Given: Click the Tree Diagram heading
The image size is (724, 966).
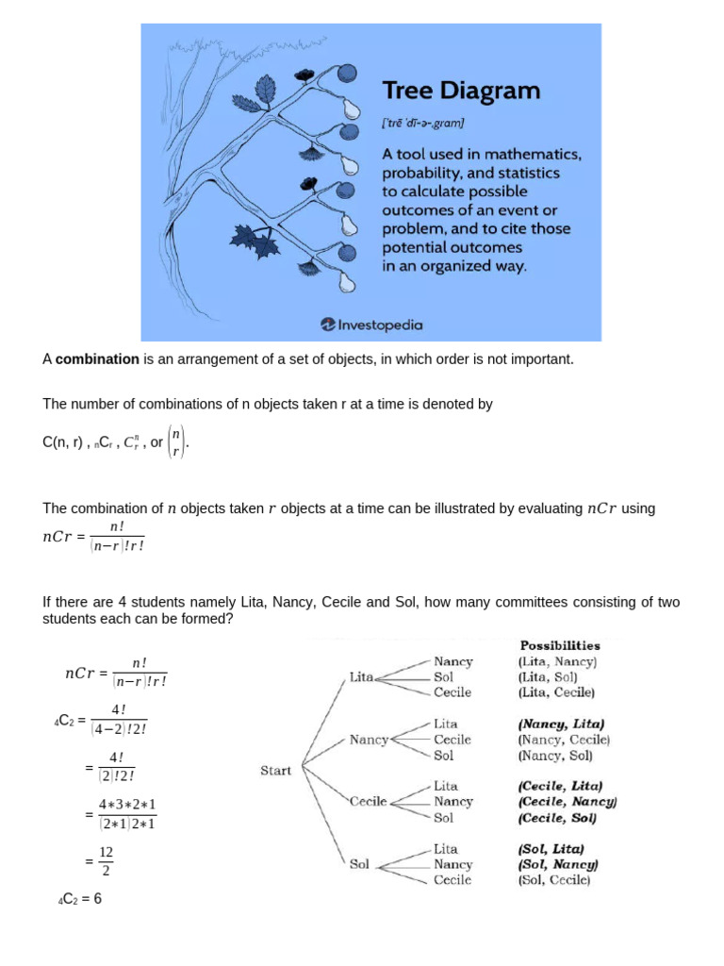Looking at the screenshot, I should coord(460,91).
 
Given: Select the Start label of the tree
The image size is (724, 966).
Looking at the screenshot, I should coord(275,771).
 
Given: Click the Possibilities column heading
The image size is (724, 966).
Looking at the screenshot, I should coord(559,645).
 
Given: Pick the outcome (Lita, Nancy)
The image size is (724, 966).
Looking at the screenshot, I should coord(557,661).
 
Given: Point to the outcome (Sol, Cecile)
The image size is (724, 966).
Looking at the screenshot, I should coord(554,880).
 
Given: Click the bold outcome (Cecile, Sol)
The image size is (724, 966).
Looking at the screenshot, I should coord(557,818).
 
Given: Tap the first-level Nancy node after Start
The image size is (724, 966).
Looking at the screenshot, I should coord(369,740).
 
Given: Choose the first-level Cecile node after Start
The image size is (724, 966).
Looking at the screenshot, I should coord(369,802).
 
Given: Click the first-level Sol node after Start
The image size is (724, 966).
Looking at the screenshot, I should coord(359,863).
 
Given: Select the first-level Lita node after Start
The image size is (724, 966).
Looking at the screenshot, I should coord(361,677).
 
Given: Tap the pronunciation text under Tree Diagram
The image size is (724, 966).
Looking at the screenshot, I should coord(423,123).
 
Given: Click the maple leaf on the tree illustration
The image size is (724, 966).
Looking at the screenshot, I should coord(255,241).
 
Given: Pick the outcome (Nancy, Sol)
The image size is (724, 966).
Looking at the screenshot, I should coord(554,756).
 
